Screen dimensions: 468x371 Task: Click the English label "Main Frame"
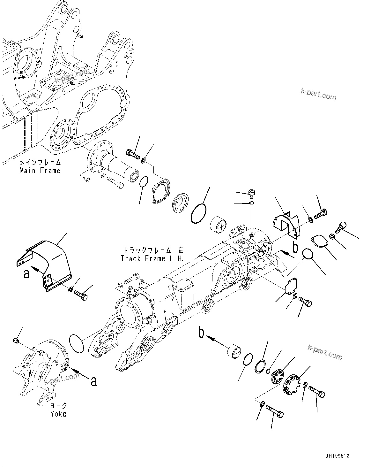click(40, 170)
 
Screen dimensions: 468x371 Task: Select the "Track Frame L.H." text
click(152, 258)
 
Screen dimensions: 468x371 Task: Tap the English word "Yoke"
click(58, 414)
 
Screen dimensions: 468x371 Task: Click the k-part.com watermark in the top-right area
click(318, 94)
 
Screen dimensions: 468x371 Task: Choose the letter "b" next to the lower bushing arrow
click(201, 333)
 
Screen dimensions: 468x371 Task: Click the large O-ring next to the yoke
click(76, 344)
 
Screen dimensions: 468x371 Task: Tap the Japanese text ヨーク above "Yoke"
click(58, 405)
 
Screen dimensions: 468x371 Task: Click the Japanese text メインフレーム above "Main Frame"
click(40, 162)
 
